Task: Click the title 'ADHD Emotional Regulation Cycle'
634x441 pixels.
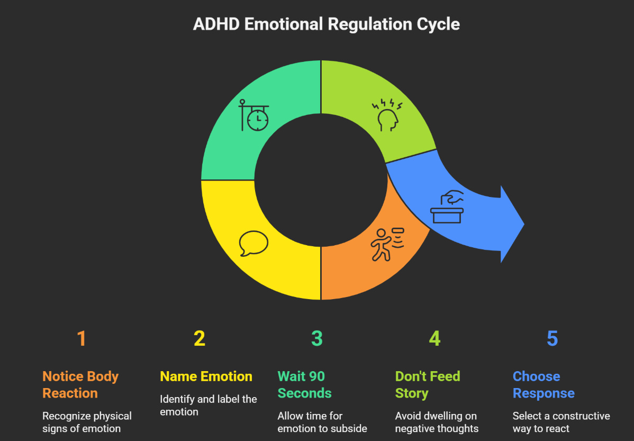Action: [x=326, y=24]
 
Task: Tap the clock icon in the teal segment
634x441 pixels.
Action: [x=254, y=116]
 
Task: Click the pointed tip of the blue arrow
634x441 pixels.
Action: [x=522, y=224]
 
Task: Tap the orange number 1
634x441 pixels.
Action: [x=81, y=339]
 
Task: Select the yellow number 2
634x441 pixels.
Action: [x=199, y=339]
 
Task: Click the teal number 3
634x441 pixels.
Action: [x=316, y=339]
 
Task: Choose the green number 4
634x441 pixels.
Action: [x=434, y=339]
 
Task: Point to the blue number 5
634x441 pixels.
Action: [x=552, y=339]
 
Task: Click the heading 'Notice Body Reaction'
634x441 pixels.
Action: [x=80, y=385]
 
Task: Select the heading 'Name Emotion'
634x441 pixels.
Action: [x=206, y=376]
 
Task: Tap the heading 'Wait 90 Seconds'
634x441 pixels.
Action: [x=304, y=385]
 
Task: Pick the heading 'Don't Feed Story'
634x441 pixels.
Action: [x=428, y=385]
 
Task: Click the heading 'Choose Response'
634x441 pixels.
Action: [x=544, y=385]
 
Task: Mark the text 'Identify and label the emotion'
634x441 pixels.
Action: [x=209, y=405]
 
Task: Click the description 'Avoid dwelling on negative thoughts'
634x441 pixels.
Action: [x=437, y=422]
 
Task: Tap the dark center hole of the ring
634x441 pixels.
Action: [x=321, y=180]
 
